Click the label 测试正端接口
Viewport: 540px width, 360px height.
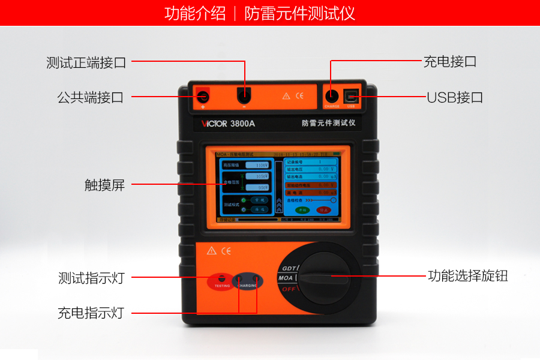pos(86,62)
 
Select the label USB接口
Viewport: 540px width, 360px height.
pos(454,97)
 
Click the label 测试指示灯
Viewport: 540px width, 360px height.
pos(91,278)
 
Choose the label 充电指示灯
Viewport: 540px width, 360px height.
pos(91,313)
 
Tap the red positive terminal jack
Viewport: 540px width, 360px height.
pos(203,95)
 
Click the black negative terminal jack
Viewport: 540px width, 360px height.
pos(244,95)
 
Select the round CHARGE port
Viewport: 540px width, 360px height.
pos(332,96)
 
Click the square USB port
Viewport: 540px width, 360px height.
pos(351,96)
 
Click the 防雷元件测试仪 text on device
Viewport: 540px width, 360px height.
pos(329,124)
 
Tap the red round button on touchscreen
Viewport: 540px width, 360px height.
pos(324,210)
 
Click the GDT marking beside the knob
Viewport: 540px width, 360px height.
pos(287,268)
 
